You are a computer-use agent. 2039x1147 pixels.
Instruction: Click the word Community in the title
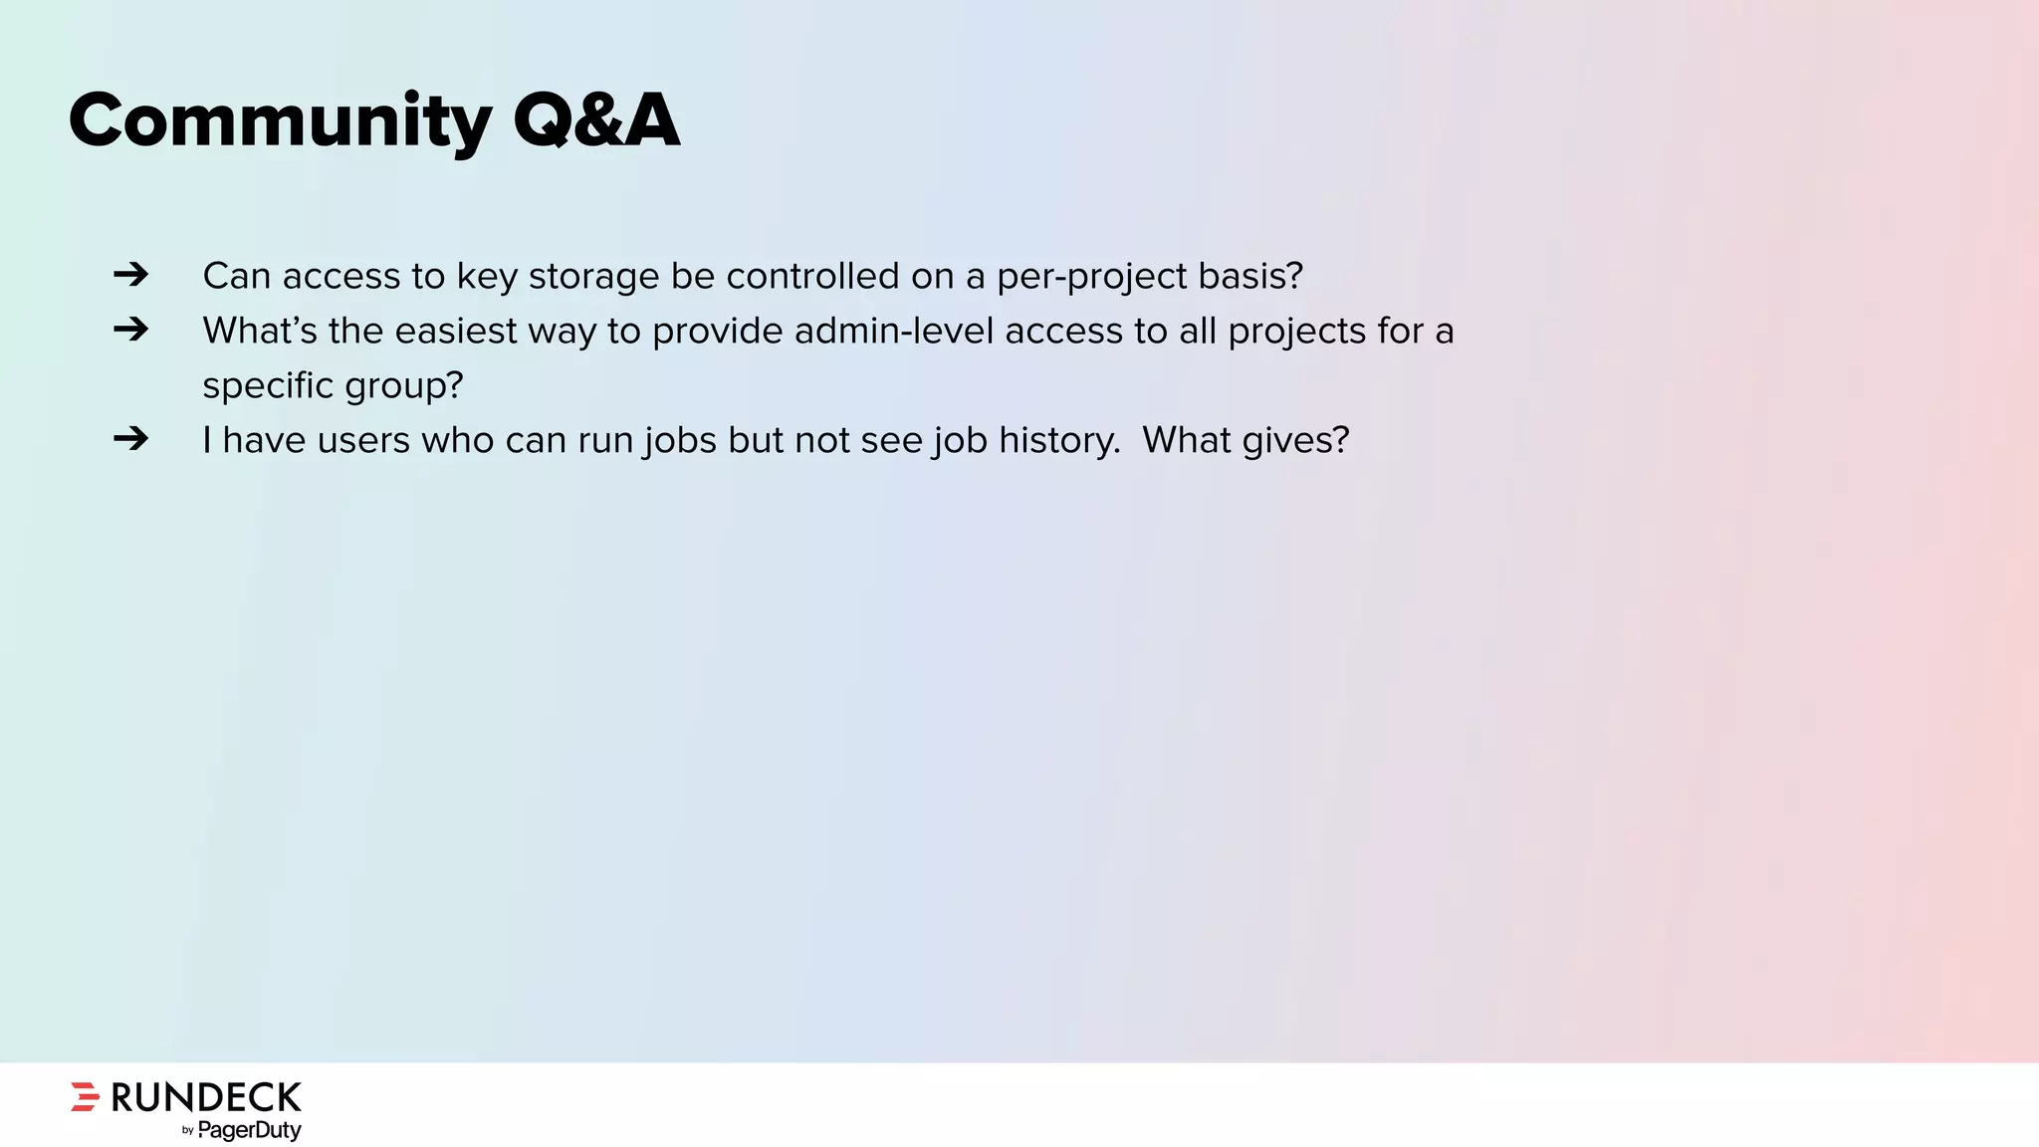coord(280,121)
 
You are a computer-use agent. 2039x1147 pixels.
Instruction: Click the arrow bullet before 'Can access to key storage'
coord(130,274)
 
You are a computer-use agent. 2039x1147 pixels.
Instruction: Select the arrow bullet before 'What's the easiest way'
coord(130,329)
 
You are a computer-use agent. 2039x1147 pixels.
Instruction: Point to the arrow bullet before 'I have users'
coord(130,438)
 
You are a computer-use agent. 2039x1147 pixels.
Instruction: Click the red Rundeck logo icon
coord(86,1096)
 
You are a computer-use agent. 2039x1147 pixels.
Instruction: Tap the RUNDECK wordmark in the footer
coord(206,1097)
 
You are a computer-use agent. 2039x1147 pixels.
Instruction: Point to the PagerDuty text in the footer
coord(249,1130)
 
